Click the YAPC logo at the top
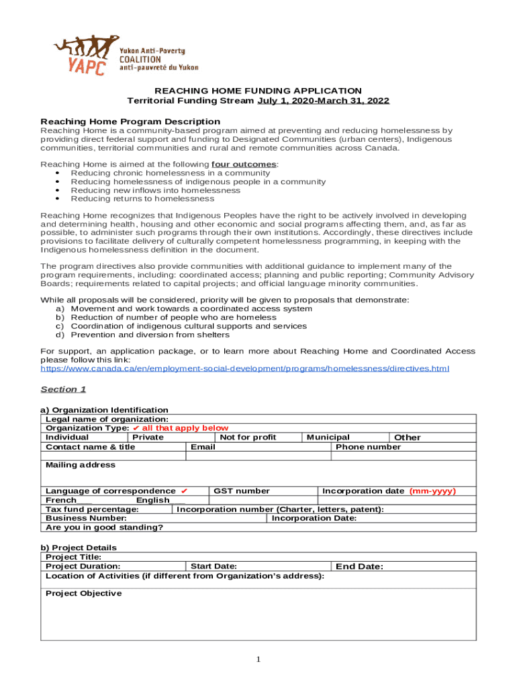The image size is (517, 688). (x=125, y=56)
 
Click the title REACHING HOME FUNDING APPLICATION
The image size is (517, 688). (x=258, y=91)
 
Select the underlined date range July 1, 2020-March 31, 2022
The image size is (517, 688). (x=323, y=101)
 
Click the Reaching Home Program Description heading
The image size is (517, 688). (x=130, y=122)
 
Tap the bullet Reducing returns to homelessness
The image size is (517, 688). (x=142, y=199)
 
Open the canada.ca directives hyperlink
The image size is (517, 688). (x=245, y=368)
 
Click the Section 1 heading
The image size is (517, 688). (x=63, y=389)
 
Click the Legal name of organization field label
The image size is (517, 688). (x=97, y=419)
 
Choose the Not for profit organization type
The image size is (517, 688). (x=248, y=437)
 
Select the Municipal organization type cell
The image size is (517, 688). (x=328, y=437)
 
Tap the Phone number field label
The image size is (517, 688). (x=368, y=447)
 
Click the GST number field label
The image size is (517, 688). (x=241, y=491)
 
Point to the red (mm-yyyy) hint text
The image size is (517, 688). (x=432, y=491)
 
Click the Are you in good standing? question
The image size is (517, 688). (x=104, y=527)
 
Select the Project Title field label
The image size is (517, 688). (x=73, y=557)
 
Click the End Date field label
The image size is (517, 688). (x=359, y=566)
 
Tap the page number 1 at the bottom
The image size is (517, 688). (x=258, y=659)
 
